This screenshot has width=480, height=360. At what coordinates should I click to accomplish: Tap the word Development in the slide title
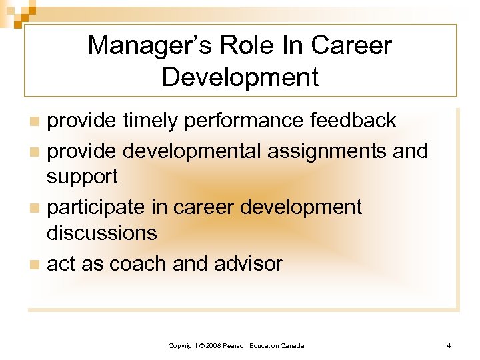240,77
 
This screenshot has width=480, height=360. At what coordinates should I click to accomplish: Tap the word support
82,177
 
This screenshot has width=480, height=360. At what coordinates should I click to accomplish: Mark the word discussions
101,233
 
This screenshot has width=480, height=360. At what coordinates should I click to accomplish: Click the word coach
138,264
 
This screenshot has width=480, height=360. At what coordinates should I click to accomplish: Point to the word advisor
248,264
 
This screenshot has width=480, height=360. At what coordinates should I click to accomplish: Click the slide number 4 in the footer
449,345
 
